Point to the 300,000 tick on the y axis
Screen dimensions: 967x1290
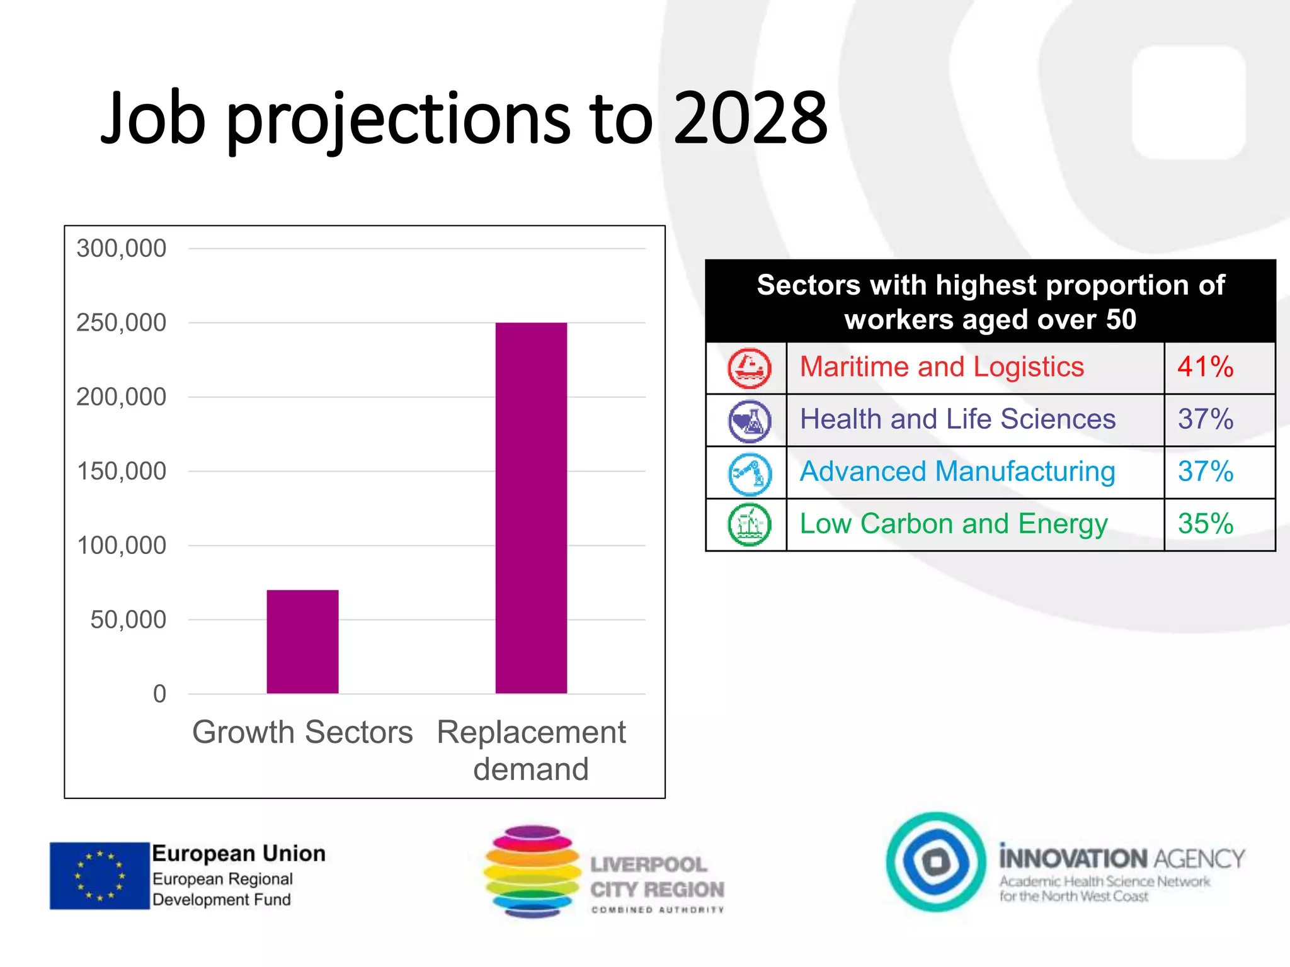click(122, 249)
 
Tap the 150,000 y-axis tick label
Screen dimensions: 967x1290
click(122, 472)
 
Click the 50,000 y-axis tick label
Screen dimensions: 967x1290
click(128, 620)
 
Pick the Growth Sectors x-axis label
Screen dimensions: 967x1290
click(302, 732)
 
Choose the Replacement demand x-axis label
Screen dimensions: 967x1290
click(531, 750)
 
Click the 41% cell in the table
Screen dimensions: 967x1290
click(1206, 367)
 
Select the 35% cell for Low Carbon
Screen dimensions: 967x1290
click(1206, 524)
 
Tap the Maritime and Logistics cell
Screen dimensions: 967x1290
click(942, 367)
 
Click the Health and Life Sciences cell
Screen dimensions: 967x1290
click(957, 419)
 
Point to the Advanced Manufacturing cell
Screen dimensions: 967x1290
click(957, 472)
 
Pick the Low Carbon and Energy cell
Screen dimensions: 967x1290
click(954, 524)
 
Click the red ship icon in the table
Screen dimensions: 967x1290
click(749, 368)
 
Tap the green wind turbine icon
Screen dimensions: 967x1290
click(749, 524)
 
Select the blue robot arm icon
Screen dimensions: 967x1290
click(749, 473)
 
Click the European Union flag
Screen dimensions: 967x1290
click(100, 876)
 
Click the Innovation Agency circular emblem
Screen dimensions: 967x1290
click(936, 861)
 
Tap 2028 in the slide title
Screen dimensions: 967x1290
click(750, 118)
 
